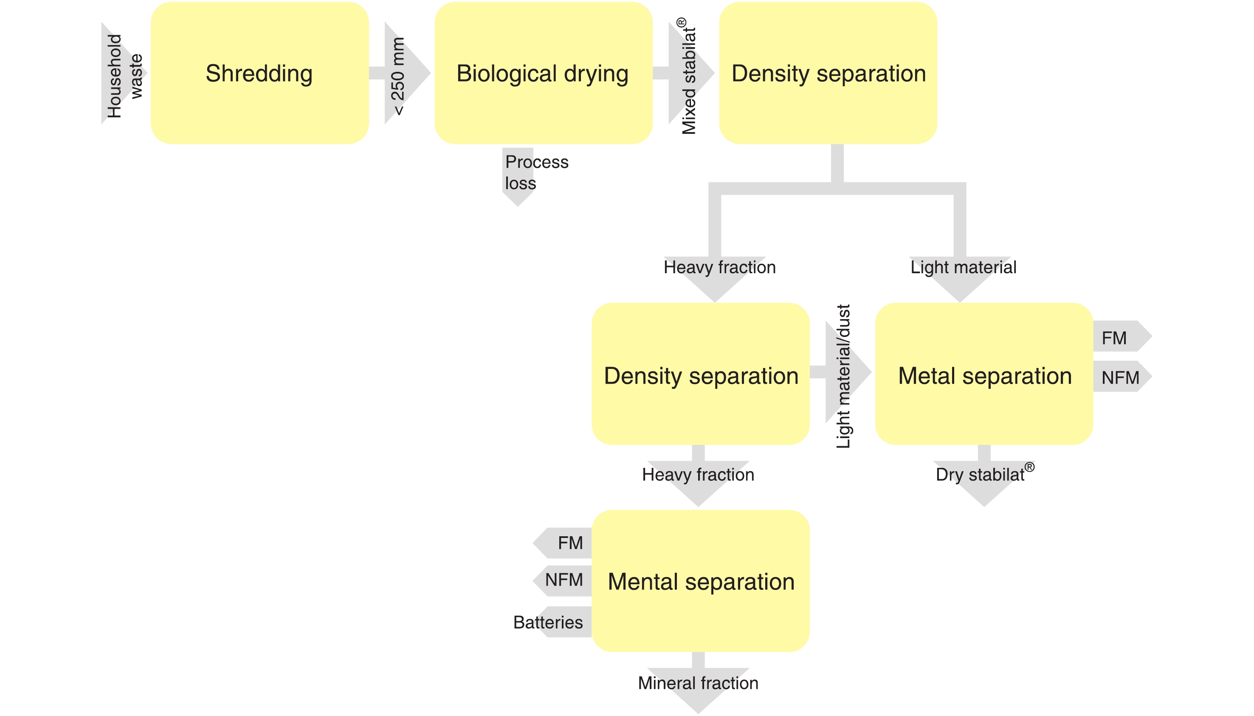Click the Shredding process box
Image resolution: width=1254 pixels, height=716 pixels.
click(259, 73)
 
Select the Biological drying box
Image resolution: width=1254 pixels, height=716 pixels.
click(543, 73)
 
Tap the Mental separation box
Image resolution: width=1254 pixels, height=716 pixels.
click(700, 581)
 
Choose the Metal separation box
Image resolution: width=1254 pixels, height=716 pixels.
click(984, 376)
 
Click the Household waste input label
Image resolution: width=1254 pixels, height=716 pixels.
click(124, 76)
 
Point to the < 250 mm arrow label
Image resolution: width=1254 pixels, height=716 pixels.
click(398, 76)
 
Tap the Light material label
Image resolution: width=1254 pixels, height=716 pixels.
click(963, 267)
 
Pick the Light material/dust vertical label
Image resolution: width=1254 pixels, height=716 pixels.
click(844, 376)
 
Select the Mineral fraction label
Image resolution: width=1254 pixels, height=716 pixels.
click(698, 682)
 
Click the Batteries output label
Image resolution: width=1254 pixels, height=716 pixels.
click(548, 622)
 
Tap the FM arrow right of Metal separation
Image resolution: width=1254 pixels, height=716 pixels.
click(1114, 338)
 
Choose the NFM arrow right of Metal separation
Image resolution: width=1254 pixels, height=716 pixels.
click(1120, 377)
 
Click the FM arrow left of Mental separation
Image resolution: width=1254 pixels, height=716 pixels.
click(570, 543)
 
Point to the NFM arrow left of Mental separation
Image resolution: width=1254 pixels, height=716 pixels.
click(564, 580)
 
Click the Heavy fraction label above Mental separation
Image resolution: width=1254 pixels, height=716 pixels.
click(698, 475)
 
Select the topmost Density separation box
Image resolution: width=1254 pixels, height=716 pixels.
click(828, 73)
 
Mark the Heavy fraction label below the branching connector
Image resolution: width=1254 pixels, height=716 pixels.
click(719, 267)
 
